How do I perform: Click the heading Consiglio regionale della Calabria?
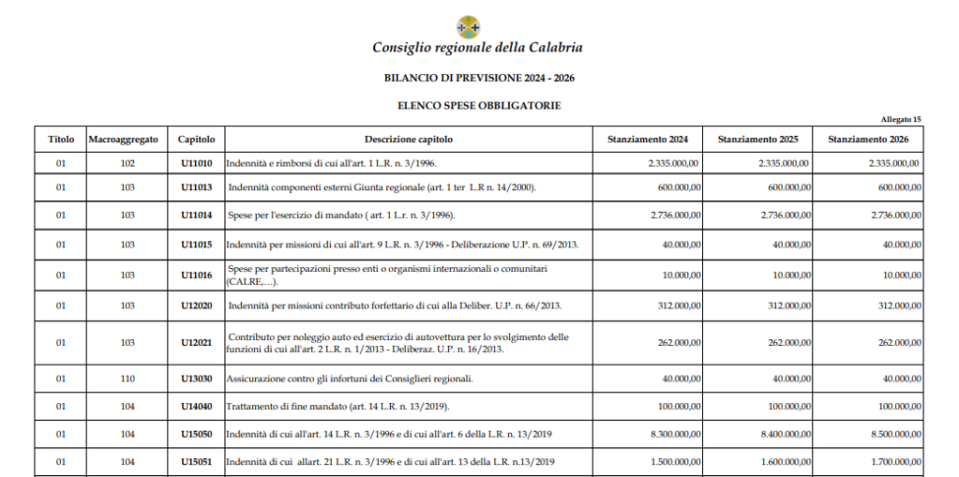click(478, 47)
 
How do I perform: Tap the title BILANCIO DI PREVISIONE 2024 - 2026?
click(478, 77)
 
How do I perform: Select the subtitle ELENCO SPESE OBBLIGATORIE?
click(478, 105)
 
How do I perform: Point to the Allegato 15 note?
click(901, 119)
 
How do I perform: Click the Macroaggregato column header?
click(123, 140)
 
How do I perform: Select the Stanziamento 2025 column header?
click(758, 140)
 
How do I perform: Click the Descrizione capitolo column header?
click(409, 140)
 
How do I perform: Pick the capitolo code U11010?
click(197, 163)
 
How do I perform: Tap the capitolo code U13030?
click(197, 379)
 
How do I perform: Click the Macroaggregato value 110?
click(128, 379)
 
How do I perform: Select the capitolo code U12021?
click(197, 343)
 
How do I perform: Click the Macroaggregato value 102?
click(128, 163)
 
